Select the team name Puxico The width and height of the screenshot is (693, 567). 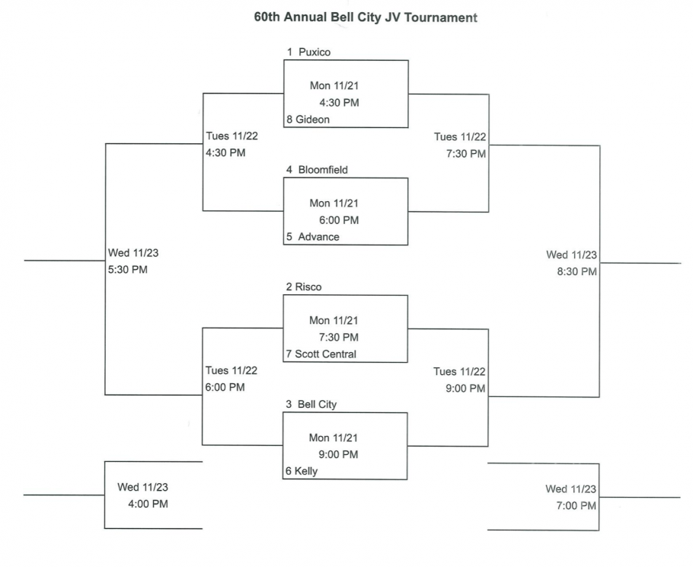[x=314, y=53]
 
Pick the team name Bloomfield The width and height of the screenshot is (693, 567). [x=321, y=170]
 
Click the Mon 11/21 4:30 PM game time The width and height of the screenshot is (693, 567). [x=334, y=94]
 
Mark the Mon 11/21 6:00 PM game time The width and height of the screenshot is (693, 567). [x=334, y=212]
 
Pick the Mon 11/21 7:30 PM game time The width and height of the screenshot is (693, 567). [x=334, y=329]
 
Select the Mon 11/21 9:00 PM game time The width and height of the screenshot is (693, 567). [x=334, y=447]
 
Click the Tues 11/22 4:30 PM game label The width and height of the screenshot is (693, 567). [x=232, y=145]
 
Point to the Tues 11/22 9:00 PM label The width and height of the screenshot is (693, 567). [x=459, y=380]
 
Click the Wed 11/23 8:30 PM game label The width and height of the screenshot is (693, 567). [x=571, y=263]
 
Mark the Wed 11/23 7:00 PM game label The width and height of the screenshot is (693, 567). [x=571, y=497]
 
